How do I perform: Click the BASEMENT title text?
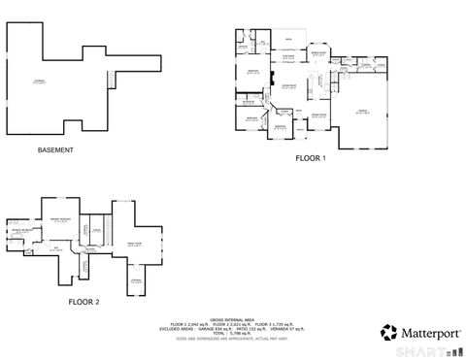(54, 150)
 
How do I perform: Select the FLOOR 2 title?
(83, 302)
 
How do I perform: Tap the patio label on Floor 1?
(288, 39)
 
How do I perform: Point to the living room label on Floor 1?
(288, 87)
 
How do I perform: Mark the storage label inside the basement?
(39, 82)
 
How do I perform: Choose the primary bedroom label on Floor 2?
(63, 220)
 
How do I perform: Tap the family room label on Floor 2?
(134, 244)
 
